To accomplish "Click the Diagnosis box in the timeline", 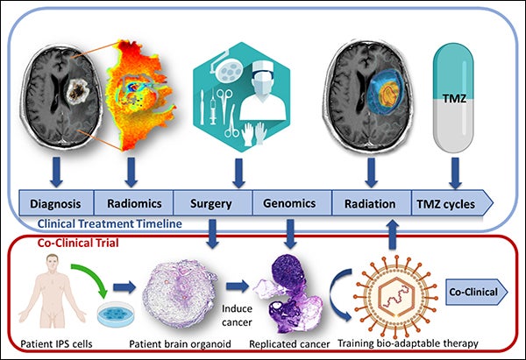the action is (56, 203).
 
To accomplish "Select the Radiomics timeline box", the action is (133, 203).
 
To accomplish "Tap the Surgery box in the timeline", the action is (212, 203).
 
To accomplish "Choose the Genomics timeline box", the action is (292, 203).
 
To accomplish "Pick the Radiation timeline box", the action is (372, 203).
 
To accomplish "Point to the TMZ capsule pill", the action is (454, 97).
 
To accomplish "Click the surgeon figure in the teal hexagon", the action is (263, 90).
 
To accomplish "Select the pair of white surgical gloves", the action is (254, 134).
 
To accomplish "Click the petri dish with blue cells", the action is (116, 314).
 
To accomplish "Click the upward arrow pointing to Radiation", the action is (393, 235).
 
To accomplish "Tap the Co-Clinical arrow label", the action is (476, 292).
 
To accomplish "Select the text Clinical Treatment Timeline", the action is (110, 223).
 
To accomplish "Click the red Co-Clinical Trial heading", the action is (78, 243).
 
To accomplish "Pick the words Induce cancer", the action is (237, 315).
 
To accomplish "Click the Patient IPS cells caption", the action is (56, 344).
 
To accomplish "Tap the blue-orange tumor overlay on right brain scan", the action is (385, 92).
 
